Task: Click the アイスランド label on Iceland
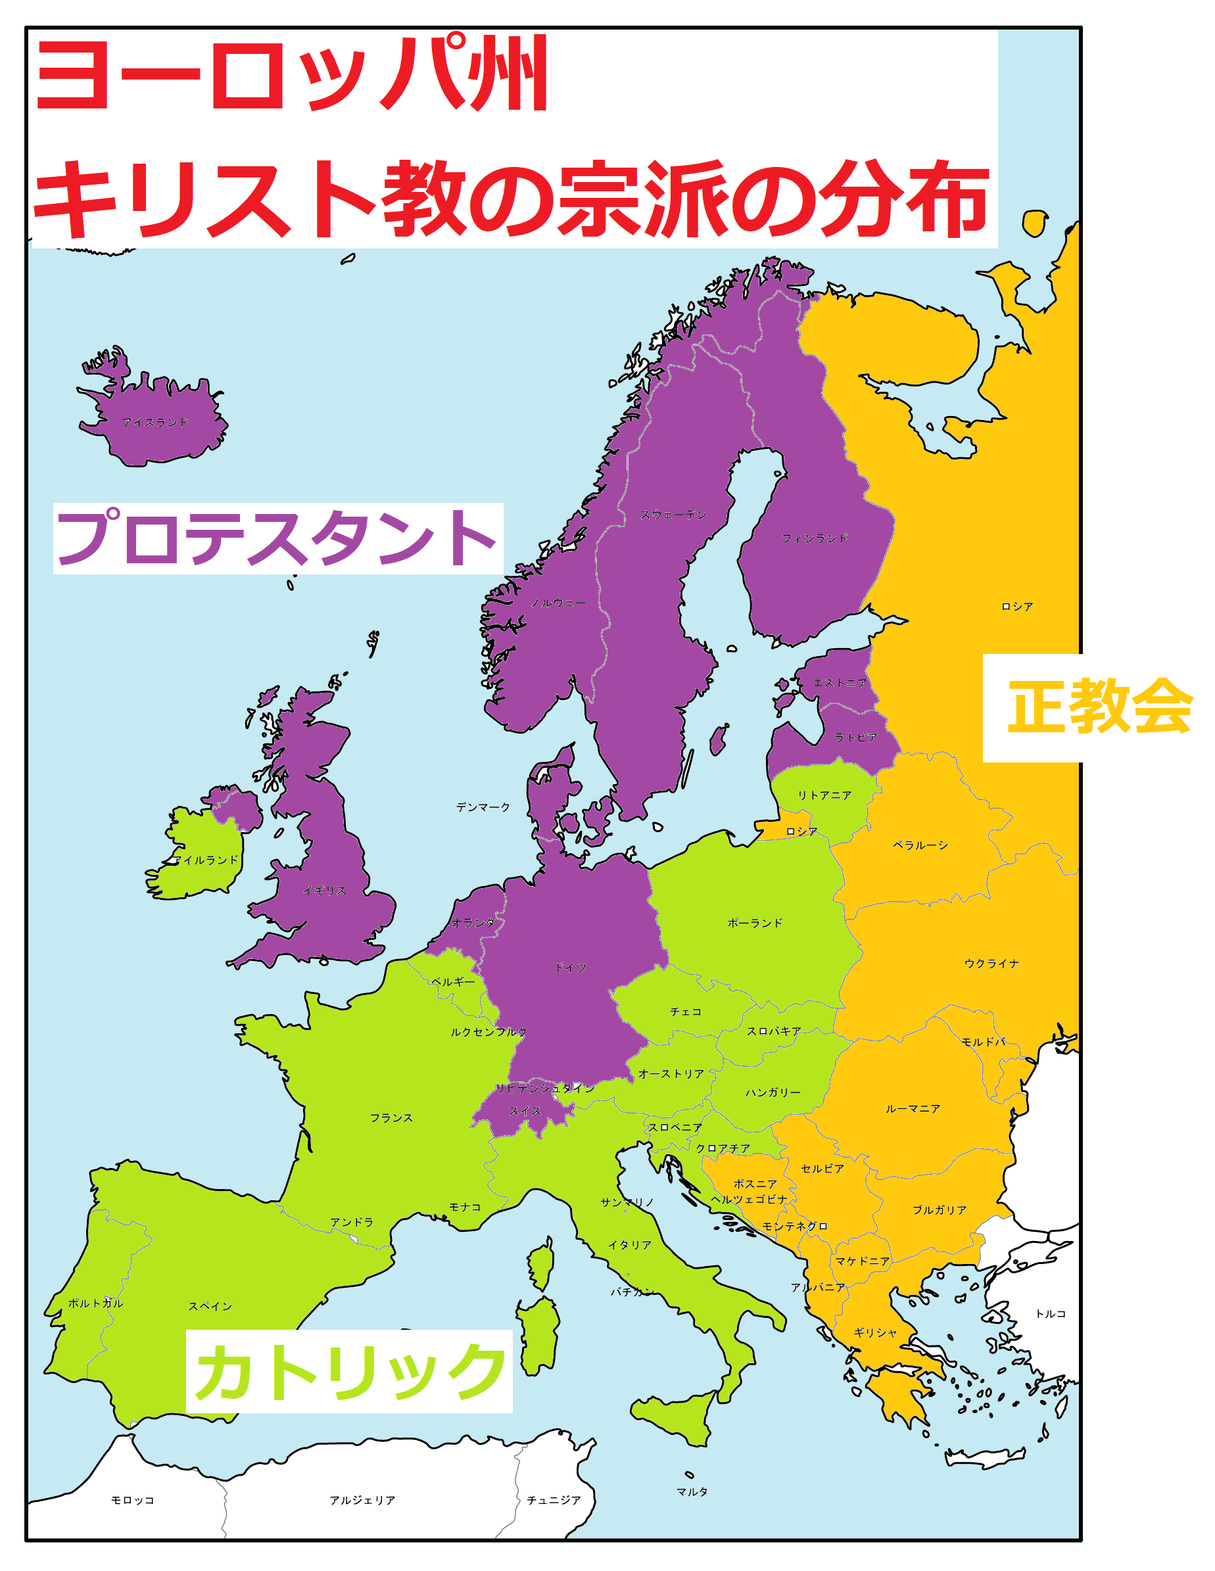(x=155, y=422)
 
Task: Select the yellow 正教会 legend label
(x=1099, y=707)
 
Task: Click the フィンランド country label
(x=815, y=538)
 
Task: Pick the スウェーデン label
(x=673, y=514)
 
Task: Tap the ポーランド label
(x=755, y=923)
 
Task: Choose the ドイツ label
(x=571, y=968)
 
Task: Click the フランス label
(x=391, y=1117)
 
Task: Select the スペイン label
(x=210, y=1305)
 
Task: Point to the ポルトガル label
(x=96, y=1303)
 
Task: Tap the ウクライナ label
(x=991, y=963)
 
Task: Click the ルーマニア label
(x=913, y=1108)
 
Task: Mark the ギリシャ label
(x=876, y=1332)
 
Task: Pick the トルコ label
(x=1050, y=1313)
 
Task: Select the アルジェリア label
(x=362, y=1500)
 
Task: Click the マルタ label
(x=692, y=1491)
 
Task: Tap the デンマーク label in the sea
(x=483, y=807)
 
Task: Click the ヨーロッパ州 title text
(x=291, y=74)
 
